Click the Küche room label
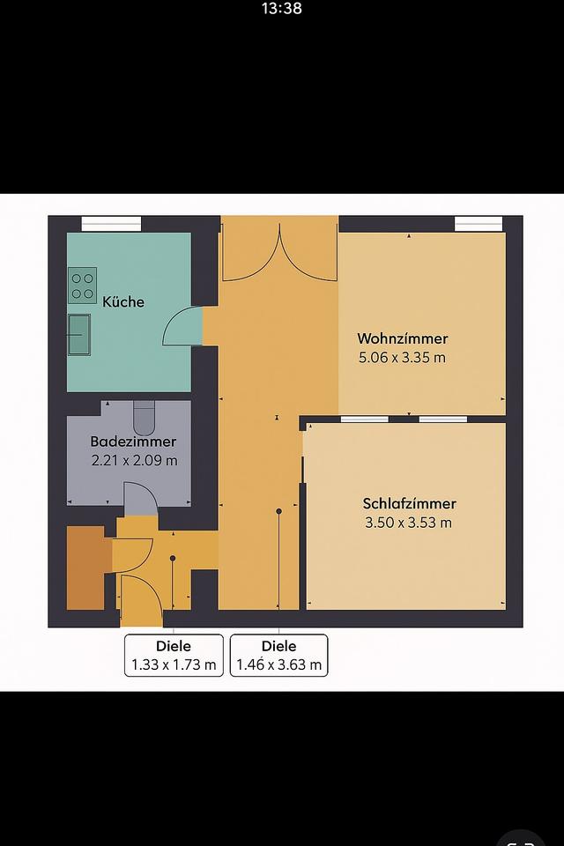123,301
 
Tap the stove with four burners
83,285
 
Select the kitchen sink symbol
79,334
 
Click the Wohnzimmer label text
402,338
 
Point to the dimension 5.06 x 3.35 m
402,358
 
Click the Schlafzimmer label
409,504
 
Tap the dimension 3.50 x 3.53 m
409,523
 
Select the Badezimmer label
133,442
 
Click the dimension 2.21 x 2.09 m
133,460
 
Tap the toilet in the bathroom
144,412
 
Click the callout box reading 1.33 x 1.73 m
173,656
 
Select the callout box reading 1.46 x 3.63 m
279,656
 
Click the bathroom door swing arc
140,499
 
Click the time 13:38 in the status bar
282,9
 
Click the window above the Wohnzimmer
479,224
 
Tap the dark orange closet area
85,568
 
